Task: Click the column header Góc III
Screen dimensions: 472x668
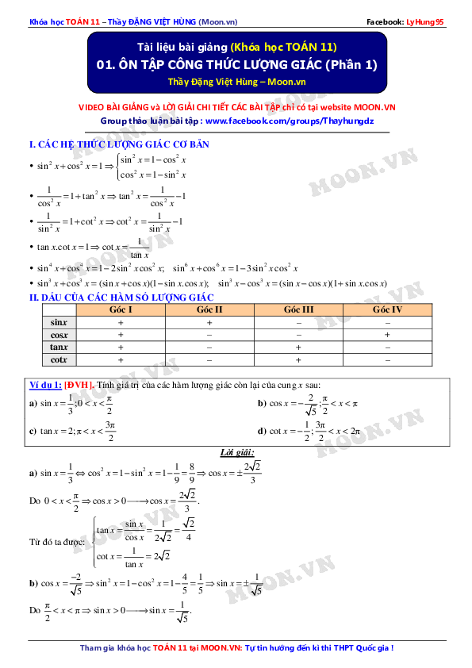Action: pos(299,309)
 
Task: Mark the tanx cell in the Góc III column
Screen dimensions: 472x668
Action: pos(299,347)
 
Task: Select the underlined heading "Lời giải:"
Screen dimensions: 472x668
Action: pos(236,453)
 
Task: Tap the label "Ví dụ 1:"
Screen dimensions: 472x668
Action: pos(46,386)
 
